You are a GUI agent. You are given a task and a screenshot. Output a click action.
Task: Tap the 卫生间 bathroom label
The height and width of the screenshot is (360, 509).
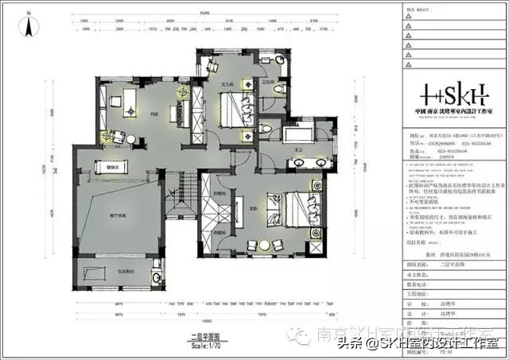point(268,81)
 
